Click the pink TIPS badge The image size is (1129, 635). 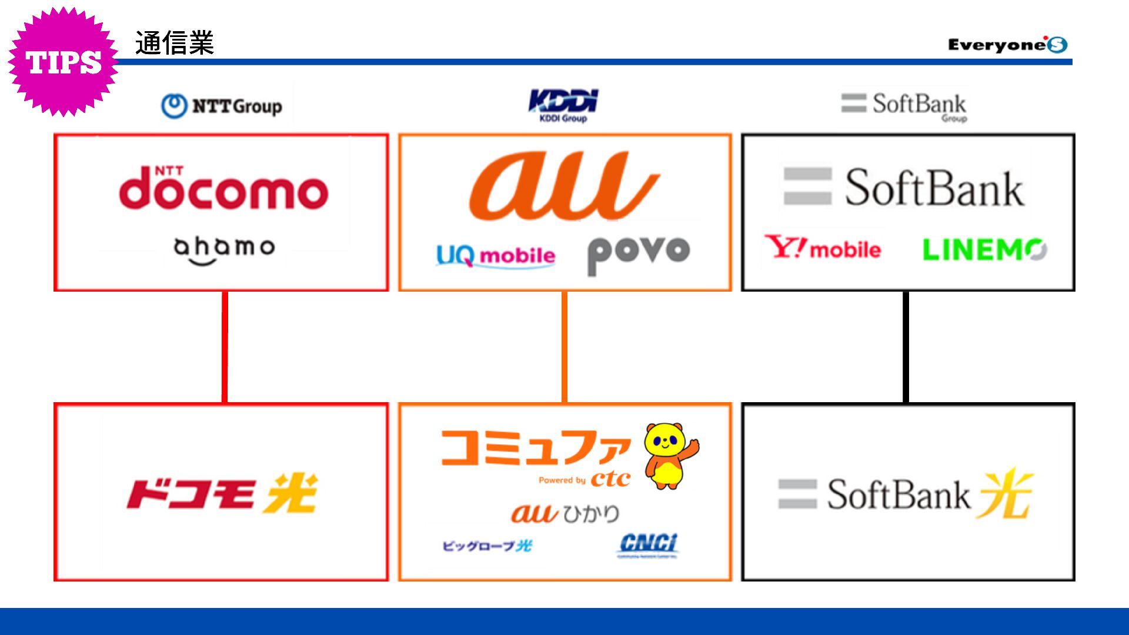(x=63, y=61)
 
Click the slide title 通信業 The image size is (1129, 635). (x=174, y=43)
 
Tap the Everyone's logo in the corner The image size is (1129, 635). (x=1007, y=45)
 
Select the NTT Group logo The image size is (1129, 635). (x=222, y=106)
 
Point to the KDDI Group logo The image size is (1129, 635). (x=563, y=105)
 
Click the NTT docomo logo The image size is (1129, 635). (x=223, y=188)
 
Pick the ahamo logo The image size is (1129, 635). (x=224, y=249)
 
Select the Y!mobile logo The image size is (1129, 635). (x=823, y=248)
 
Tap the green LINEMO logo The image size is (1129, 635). (x=984, y=249)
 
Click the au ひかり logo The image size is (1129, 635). (x=564, y=513)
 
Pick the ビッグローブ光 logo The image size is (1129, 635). (x=487, y=546)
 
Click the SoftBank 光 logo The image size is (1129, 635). (x=906, y=494)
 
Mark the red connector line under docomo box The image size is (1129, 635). (x=225, y=347)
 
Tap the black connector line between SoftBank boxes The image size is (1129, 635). (x=906, y=347)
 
